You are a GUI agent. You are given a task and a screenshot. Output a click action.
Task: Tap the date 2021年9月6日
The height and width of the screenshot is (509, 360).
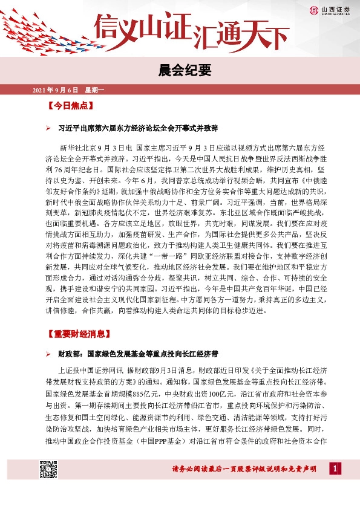click(x=54, y=90)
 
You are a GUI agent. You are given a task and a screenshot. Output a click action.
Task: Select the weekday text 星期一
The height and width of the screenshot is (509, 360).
click(x=94, y=90)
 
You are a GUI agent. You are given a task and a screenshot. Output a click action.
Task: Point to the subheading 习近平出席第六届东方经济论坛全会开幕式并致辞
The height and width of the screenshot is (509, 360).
click(x=137, y=129)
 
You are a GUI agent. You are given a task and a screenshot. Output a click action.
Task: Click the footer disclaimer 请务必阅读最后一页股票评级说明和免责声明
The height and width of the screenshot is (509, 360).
click(x=243, y=469)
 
